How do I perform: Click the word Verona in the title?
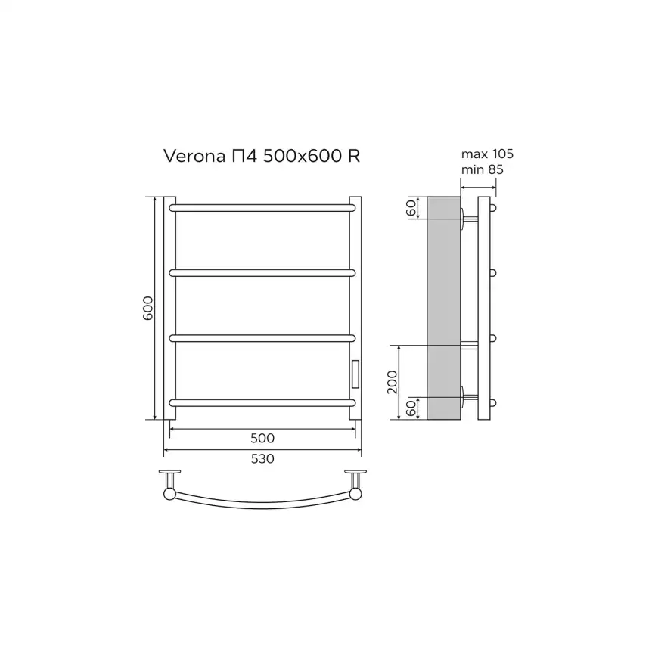click(x=194, y=156)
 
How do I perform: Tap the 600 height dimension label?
click(x=148, y=309)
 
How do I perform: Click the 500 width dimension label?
click(x=262, y=438)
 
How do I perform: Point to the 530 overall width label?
click(x=262, y=458)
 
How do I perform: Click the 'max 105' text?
click(x=487, y=154)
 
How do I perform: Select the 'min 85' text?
click(x=482, y=169)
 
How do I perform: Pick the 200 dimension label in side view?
click(x=393, y=382)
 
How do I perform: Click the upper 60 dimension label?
click(x=411, y=207)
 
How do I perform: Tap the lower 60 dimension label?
click(x=411, y=408)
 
